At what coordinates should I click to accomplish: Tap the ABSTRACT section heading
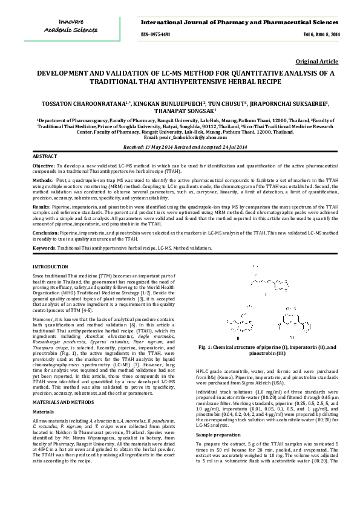coord(45,157)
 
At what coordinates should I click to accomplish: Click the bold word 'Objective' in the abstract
coord(43,165)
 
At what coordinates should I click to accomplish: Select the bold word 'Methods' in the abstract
coord(42,180)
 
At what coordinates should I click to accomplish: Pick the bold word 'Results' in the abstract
coord(41,207)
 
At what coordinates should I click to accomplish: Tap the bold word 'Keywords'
coord(43,248)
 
